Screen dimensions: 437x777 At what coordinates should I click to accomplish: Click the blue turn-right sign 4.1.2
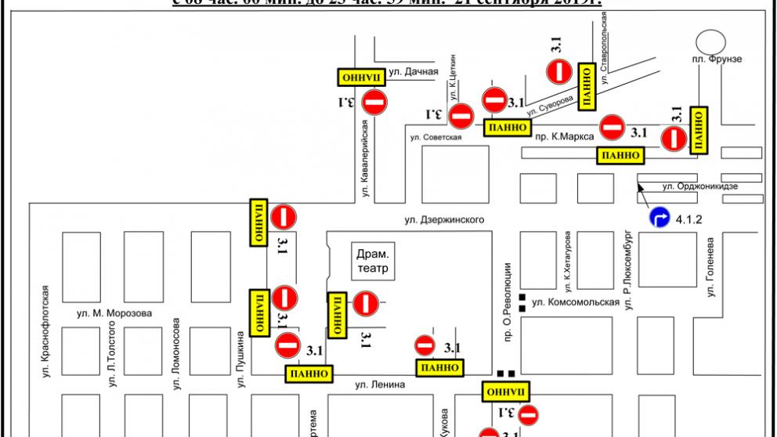click(x=659, y=217)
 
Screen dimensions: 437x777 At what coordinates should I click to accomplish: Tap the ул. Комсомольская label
click(x=569, y=302)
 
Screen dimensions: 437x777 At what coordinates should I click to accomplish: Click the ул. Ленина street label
click(x=379, y=384)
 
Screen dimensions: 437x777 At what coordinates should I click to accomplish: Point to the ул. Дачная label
click(x=413, y=72)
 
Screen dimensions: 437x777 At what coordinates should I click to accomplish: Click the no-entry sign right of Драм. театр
click(x=366, y=303)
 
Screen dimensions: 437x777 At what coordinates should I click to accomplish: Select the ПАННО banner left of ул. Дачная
click(x=360, y=76)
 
